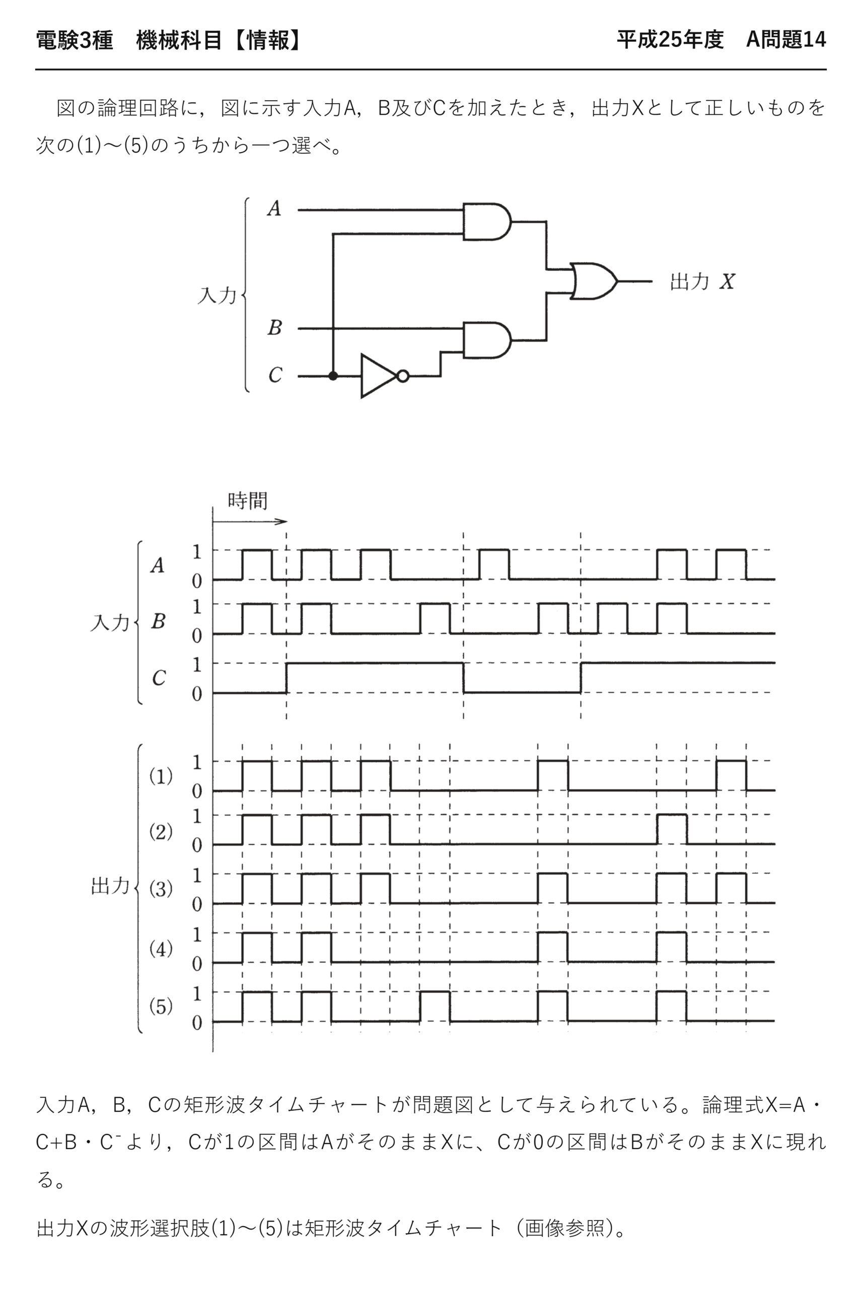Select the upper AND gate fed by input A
tap(487, 222)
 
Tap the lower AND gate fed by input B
tap(487, 340)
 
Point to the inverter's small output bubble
tap(403, 376)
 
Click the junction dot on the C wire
tap(333, 376)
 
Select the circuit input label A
tap(274, 208)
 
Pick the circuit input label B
tap(274, 328)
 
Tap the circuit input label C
tap(275, 375)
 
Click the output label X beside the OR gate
tap(727, 281)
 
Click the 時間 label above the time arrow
tap(247, 501)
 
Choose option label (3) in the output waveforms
tap(161, 888)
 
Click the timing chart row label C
tap(159, 678)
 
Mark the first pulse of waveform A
tap(257, 564)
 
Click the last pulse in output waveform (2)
tap(671, 829)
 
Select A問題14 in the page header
tap(785, 40)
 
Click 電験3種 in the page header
tap(74, 40)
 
